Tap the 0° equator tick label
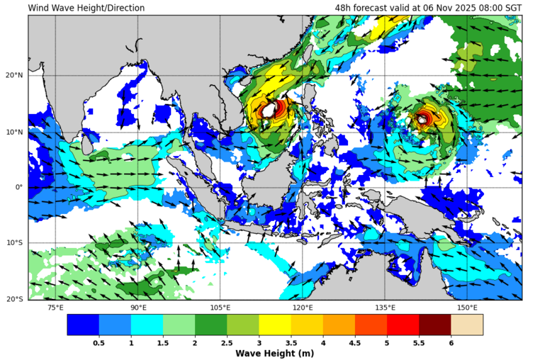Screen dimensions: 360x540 click(20, 187)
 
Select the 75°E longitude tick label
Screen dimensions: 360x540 click(55, 308)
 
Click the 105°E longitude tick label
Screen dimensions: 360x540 click(220, 308)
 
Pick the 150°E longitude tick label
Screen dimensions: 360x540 click(467, 308)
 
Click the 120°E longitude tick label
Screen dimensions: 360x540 click(303, 308)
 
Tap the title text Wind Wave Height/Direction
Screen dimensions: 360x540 click(86, 9)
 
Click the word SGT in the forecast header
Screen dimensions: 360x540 click(513, 9)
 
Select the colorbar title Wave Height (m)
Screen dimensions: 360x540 click(275, 353)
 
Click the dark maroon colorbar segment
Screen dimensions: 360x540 click(435, 325)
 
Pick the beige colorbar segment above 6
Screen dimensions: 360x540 click(467, 325)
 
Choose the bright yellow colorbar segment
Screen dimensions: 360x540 click(275, 325)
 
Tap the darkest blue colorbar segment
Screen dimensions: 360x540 click(83, 325)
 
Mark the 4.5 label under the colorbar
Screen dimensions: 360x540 click(355, 342)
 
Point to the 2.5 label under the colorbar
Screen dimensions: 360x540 click(227, 342)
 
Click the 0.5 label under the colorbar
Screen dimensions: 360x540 click(99, 342)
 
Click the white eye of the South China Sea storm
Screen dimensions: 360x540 click(269, 111)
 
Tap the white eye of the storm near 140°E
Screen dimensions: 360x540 click(422, 120)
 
